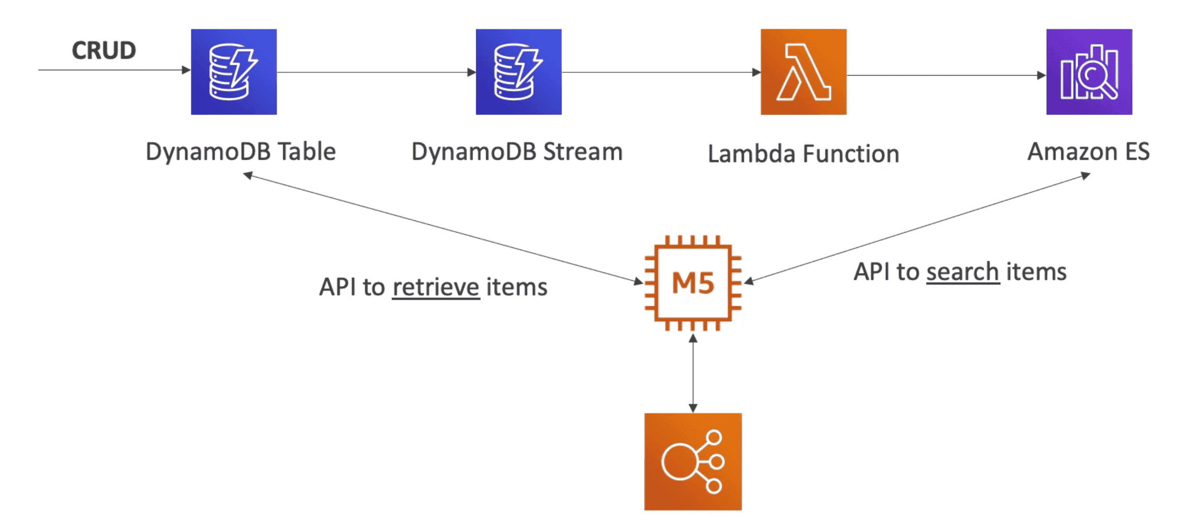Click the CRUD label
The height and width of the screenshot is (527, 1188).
coord(104,50)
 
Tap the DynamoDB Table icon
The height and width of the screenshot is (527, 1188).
coord(234,72)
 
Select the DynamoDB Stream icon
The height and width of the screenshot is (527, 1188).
coord(518,72)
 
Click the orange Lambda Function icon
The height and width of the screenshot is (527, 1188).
coord(803,72)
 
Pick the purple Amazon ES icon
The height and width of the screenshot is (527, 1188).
coord(1089,72)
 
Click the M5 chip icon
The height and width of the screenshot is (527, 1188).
coord(693,283)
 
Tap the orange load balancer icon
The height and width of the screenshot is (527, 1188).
coord(693,461)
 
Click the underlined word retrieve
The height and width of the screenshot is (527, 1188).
coord(436,287)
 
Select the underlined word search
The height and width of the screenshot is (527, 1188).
coord(963,272)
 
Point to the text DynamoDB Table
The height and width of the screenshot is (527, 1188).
coord(241,152)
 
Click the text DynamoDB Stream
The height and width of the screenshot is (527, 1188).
coord(517,152)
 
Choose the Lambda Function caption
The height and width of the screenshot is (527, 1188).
coord(803,154)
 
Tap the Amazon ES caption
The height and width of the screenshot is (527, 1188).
coord(1088,152)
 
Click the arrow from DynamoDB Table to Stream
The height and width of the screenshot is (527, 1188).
coord(376,72)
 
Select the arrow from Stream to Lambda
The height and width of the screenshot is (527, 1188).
coord(661,72)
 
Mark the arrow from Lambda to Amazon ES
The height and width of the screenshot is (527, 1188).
coord(946,75)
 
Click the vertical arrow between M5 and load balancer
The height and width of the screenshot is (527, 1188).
coord(693,373)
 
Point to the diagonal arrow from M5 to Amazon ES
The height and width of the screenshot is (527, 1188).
coord(917,228)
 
